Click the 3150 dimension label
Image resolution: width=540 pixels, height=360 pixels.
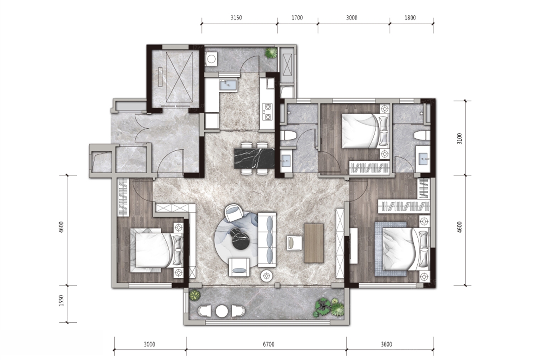(236, 18)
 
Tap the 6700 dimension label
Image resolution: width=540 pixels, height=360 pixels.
(268, 344)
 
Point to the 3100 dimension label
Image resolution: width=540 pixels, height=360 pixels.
(459, 139)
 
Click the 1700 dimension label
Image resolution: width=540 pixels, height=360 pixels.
(297, 18)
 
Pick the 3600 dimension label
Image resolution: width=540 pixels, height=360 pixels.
(386, 344)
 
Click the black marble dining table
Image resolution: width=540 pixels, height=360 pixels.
(254, 158)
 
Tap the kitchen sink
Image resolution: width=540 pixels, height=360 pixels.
(228, 85)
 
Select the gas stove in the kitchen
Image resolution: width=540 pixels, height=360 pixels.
(267, 112)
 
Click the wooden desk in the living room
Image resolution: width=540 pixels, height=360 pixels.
(314, 243)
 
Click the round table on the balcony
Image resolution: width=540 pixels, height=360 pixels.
(222, 311)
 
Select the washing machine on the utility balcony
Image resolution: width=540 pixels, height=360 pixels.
(211, 59)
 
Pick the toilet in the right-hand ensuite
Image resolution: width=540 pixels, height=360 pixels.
(422, 135)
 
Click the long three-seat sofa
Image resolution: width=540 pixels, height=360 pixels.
(267, 240)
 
